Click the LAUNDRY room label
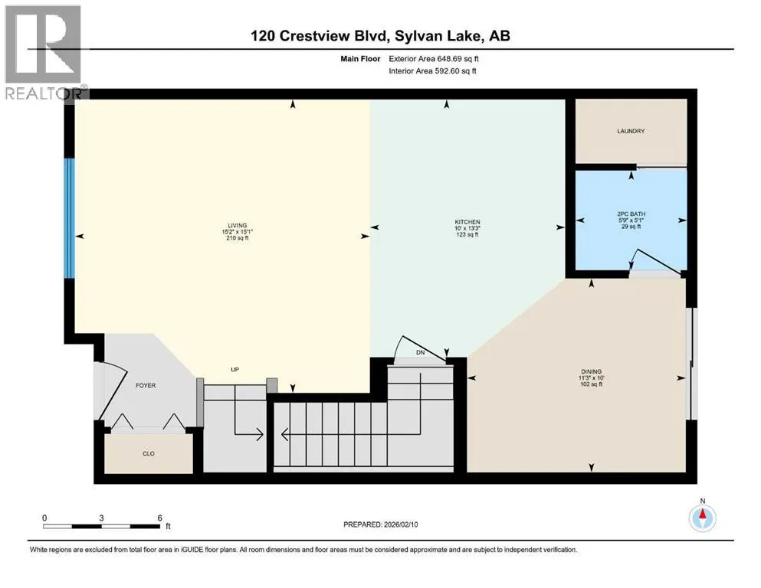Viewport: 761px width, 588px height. click(x=631, y=132)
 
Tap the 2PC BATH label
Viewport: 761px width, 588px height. click(x=631, y=214)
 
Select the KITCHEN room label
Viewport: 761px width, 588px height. click(x=467, y=222)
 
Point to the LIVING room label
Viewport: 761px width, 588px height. click(x=238, y=225)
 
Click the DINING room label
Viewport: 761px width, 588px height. click(x=591, y=372)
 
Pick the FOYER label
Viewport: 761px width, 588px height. click(x=146, y=385)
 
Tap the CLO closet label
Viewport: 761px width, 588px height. click(x=149, y=454)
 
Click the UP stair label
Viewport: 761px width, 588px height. click(x=235, y=369)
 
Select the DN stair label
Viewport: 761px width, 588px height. click(x=420, y=352)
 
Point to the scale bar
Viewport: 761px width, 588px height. click(x=101, y=526)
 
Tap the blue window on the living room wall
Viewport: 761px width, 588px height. click(x=70, y=219)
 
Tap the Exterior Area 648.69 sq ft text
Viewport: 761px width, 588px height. click(x=434, y=59)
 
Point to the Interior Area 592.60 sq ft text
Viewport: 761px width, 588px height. click(x=432, y=70)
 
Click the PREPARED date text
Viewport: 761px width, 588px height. click(x=380, y=524)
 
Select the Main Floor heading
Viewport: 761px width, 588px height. click(x=360, y=59)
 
